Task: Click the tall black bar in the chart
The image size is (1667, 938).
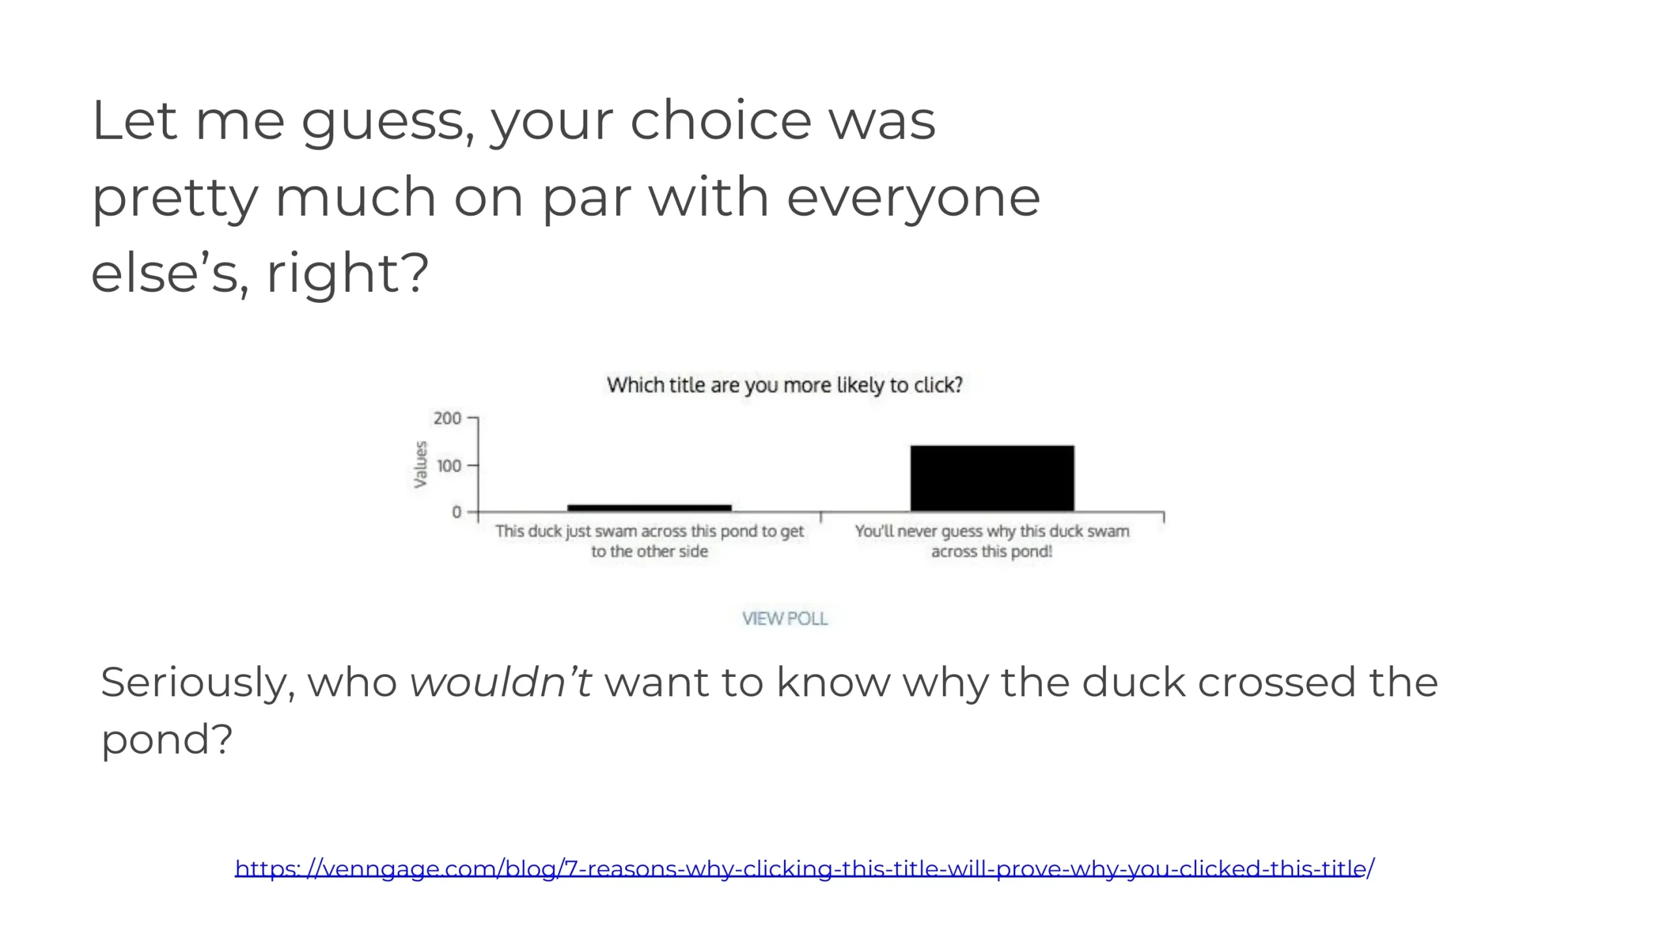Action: pyautogui.click(x=992, y=478)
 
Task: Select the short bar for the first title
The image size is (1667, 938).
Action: pyautogui.click(x=649, y=508)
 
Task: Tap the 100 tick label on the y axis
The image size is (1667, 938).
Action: pyautogui.click(x=449, y=465)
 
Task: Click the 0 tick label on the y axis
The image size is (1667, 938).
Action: pyautogui.click(x=456, y=512)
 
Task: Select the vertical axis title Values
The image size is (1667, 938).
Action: pyautogui.click(x=421, y=464)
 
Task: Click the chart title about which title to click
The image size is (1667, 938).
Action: pyautogui.click(x=785, y=385)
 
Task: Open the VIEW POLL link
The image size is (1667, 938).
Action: pyautogui.click(x=785, y=618)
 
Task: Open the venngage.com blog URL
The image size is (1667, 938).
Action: pyautogui.click(x=805, y=868)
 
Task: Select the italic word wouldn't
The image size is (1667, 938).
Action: pyautogui.click(x=501, y=682)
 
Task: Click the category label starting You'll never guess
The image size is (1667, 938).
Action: pyautogui.click(x=992, y=541)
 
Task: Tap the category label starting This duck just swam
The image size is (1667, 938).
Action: pyautogui.click(x=649, y=541)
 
